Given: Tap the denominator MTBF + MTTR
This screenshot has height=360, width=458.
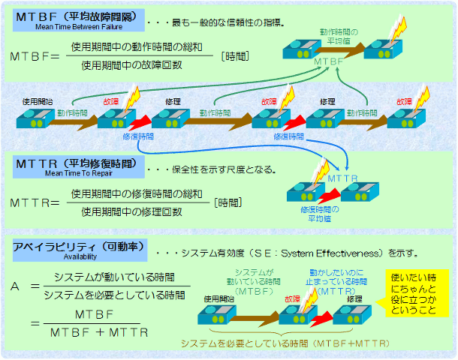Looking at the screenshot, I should (x=99, y=331).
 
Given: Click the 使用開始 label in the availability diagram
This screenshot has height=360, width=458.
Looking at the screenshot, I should (x=217, y=298).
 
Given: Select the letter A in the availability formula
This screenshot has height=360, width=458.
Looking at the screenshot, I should (x=16, y=286).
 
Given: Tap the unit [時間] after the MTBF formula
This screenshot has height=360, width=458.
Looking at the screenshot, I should (x=236, y=56).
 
